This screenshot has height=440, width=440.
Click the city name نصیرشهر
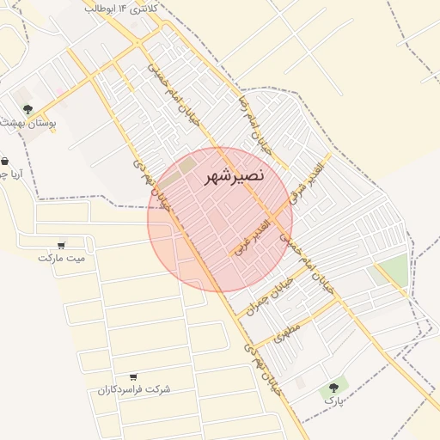[235, 177]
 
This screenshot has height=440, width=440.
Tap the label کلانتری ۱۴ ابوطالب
[124, 7]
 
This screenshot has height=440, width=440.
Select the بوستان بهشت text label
[29, 125]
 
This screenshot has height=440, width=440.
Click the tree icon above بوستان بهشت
[27, 109]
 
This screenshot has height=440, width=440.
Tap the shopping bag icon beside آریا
[5, 161]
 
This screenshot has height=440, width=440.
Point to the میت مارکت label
[63, 257]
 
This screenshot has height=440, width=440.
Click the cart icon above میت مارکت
[61, 244]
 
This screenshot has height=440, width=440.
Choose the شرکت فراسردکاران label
[133, 389]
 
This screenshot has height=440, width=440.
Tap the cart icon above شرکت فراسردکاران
[132, 376]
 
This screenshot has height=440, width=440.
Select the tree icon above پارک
[333, 388]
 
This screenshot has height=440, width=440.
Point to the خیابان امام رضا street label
[254, 125]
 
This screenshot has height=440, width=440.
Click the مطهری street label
[288, 333]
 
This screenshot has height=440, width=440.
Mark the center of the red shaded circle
[220, 219]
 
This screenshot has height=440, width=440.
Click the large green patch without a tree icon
[394, 272]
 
